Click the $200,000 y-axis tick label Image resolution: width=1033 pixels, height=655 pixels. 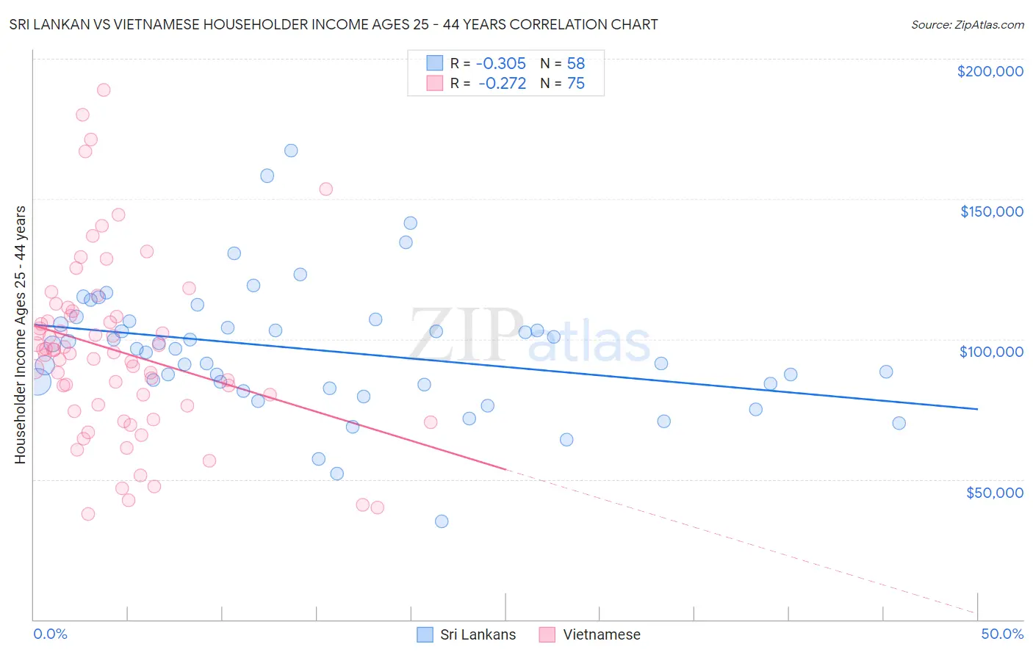(990, 71)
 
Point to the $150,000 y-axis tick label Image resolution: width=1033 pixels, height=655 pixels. (991, 211)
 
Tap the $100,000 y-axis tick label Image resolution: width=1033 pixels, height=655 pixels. (991, 352)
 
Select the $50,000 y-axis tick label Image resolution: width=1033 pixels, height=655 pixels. (994, 492)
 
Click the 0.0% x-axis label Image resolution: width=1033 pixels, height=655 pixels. (50, 634)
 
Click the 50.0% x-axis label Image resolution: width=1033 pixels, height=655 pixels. (1001, 634)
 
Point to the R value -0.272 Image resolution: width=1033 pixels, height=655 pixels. (503, 84)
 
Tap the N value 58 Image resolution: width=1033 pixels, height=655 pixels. (575, 64)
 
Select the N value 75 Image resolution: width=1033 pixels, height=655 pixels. (575, 84)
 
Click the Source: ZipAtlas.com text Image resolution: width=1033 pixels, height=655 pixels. (967, 25)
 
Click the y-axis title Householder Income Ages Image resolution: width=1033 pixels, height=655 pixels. (21, 335)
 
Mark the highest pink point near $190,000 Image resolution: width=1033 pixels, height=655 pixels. (104, 90)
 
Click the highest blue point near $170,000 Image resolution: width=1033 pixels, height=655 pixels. (291, 151)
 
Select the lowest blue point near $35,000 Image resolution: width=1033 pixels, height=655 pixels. (442, 521)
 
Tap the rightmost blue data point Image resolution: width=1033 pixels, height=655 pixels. (899, 423)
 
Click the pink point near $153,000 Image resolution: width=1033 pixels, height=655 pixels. (326, 189)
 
